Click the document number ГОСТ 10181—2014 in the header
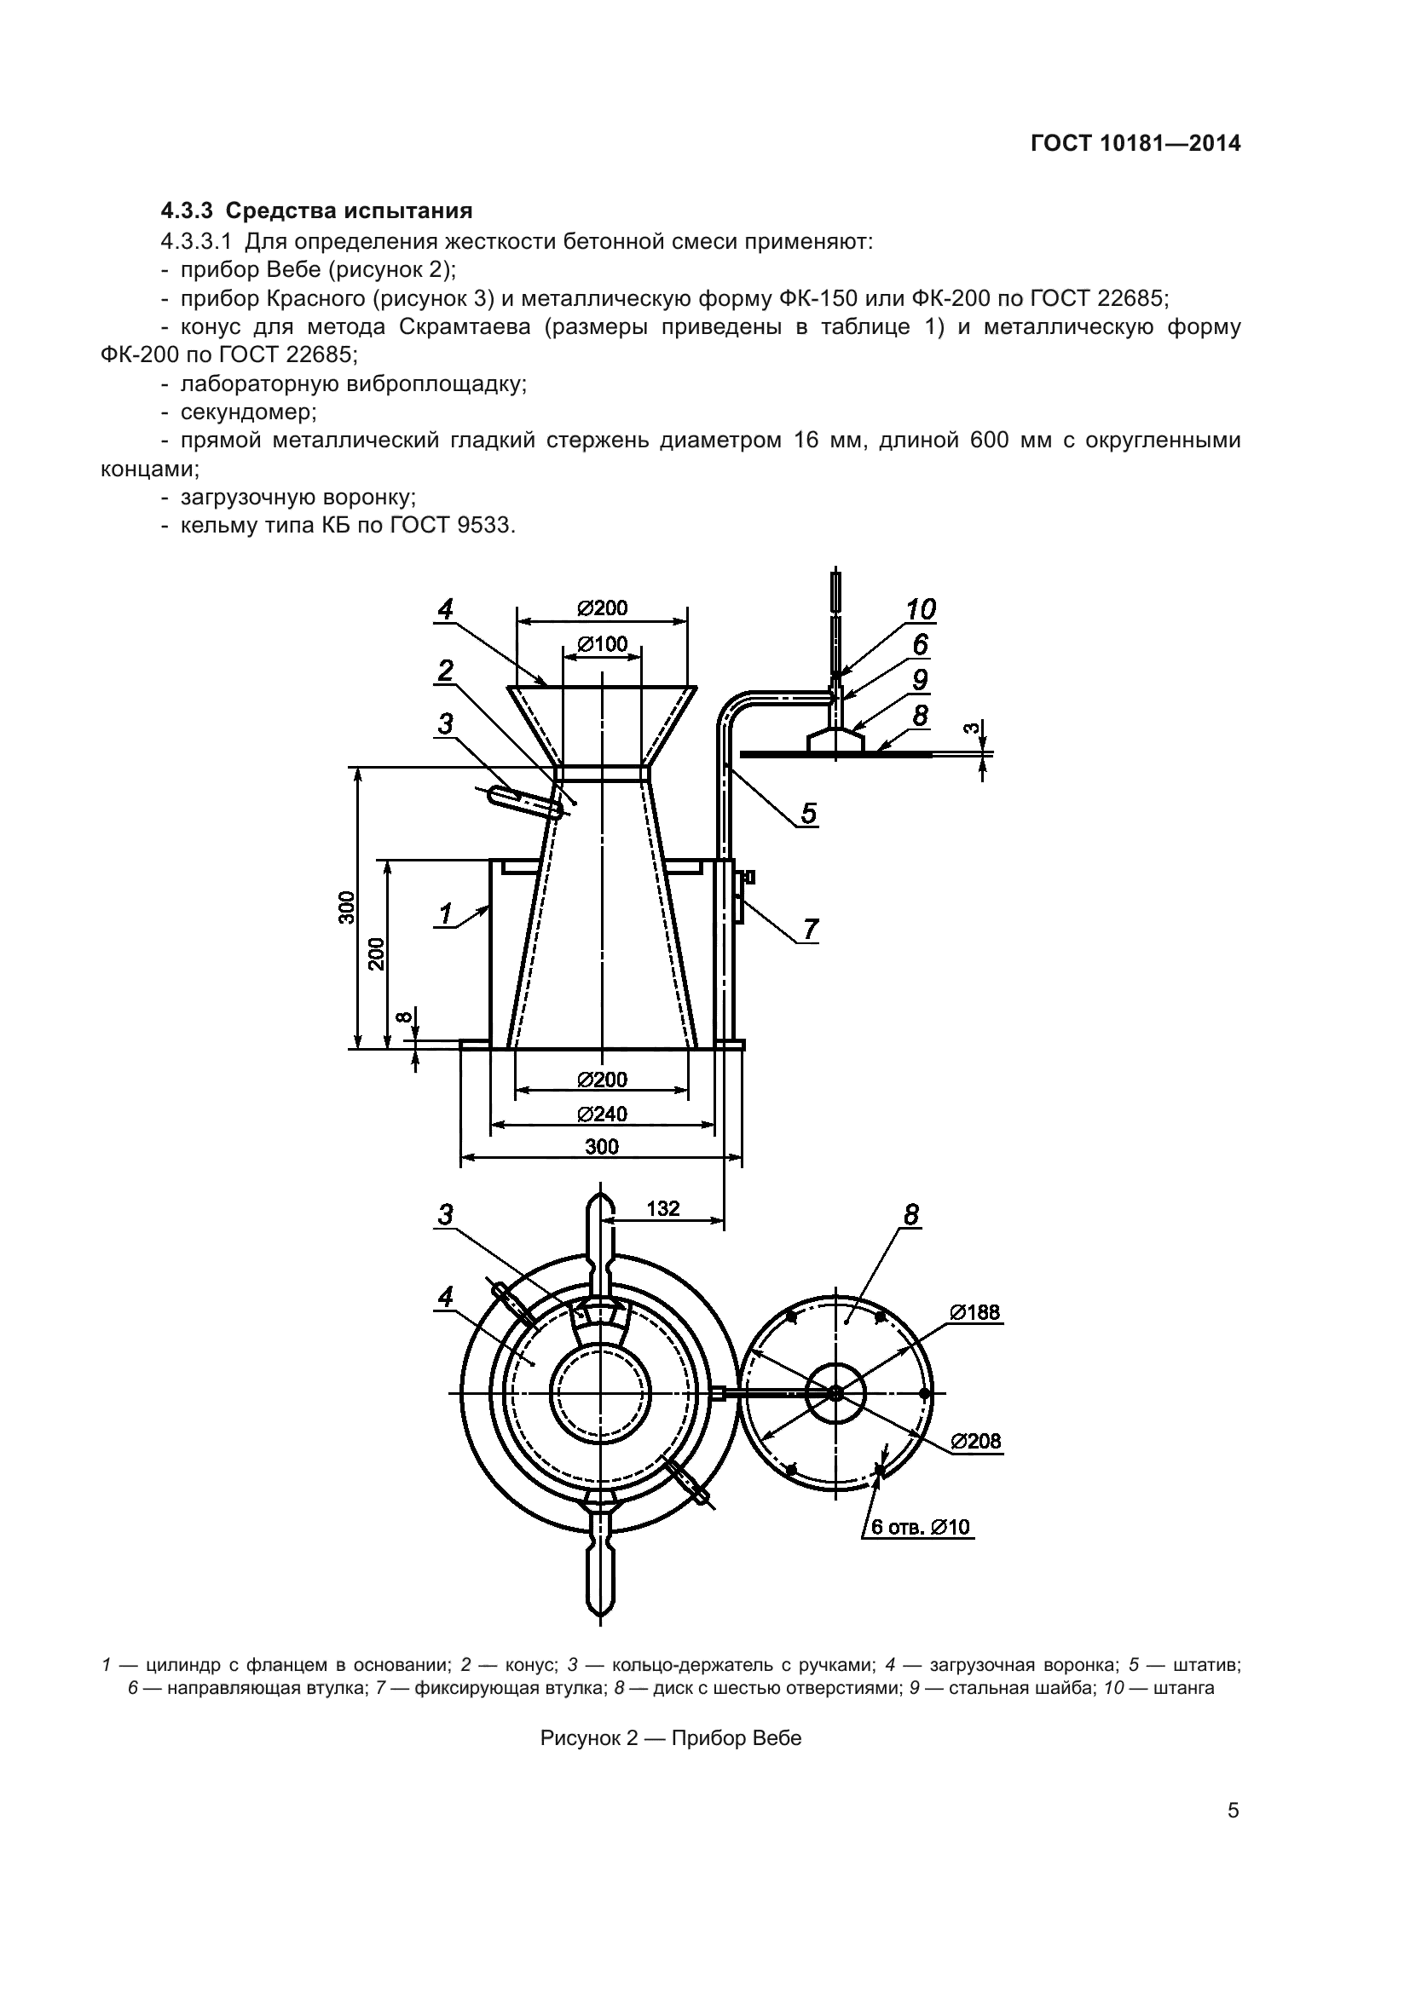click(x=1136, y=143)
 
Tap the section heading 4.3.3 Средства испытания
click(x=317, y=211)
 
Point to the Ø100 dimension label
click(x=603, y=644)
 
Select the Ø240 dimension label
click(x=603, y=1114)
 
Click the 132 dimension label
click(x=663, y=1208)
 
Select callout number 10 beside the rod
click(x=922, y=610)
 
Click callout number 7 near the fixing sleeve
click(x=810, y=930)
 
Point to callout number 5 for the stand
click(x=808, y=814)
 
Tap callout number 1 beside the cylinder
click(x=445, y=914)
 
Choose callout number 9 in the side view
click(x=921, y=680)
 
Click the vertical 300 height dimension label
click(x=347, y=907)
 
